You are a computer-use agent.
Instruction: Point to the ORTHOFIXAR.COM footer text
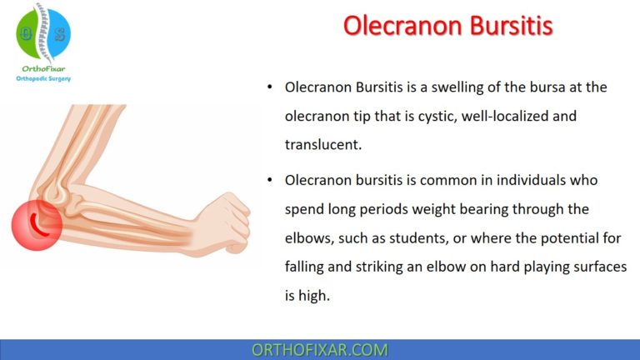[319, 349]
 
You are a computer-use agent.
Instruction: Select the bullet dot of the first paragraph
[268, 87]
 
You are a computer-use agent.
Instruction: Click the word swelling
[455, 87]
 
